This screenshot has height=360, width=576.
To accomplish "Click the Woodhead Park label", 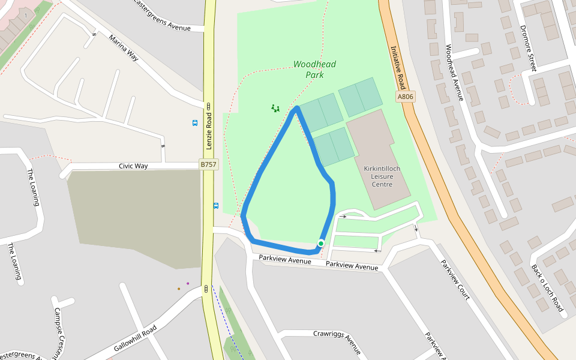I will (x=314, y=70).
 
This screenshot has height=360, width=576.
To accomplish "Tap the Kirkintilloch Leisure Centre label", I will (x=382, y=176).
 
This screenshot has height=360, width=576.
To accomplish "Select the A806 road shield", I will (x=406, y=97).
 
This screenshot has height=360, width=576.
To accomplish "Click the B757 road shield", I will (x=208, y=164).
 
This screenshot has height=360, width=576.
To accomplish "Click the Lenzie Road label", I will (x=209, y=131).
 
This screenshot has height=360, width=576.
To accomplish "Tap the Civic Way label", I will (x=133, y=166).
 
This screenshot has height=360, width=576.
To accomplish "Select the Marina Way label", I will (x=124, y=48).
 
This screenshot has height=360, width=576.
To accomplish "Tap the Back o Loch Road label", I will (x=547, y=288).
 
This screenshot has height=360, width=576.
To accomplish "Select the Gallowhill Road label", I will (x=135, y=338).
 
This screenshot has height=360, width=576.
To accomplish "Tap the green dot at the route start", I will (x=321, y=243).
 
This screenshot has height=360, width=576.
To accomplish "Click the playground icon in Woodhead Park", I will (x=275, y=109).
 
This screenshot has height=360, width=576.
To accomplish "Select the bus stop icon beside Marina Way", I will (x=195, y=123).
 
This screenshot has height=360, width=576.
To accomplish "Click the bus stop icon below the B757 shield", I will (x=216, y=205).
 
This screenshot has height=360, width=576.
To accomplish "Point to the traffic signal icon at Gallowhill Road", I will (x=206, y=289).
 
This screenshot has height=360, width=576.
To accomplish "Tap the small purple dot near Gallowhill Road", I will (x=188, y=283).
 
